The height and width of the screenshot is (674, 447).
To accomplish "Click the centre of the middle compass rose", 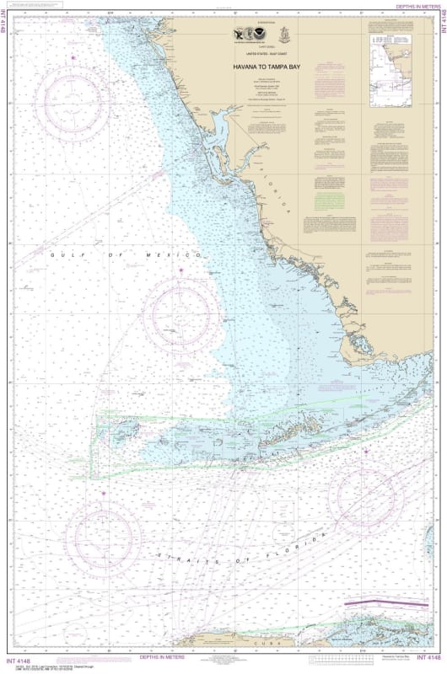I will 181,314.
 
